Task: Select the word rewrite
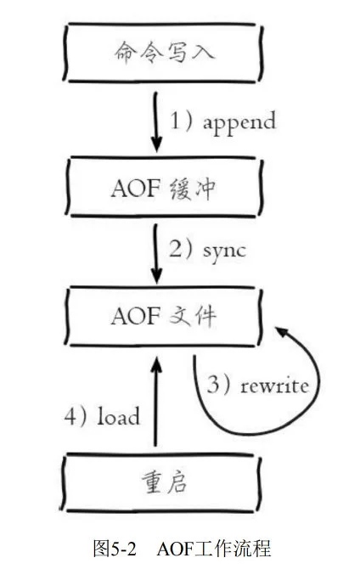[x=273, y=384]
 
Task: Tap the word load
[x=121, y=417]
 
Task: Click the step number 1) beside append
[x=185, y=121]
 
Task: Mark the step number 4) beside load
[x=79, y=417]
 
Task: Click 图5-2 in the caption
[x=115, y=549]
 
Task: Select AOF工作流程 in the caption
[x=213, y=549]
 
